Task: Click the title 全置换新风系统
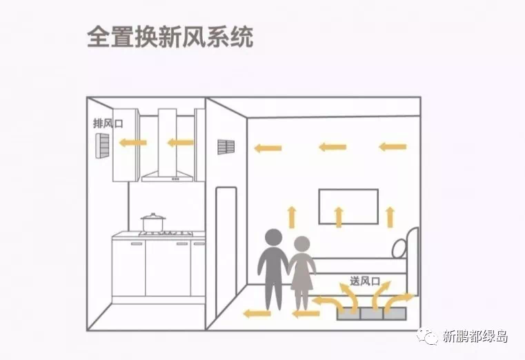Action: coord(170,37)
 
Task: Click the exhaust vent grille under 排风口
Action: coord(102,145)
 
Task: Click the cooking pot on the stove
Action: coord(153,223)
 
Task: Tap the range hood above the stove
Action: coord(168,148)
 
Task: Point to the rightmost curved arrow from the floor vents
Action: coord(401,299)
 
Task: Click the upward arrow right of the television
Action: coord(391,217)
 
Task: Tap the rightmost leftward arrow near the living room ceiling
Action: coord(393,146)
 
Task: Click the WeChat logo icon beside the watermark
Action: coord(430,337)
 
